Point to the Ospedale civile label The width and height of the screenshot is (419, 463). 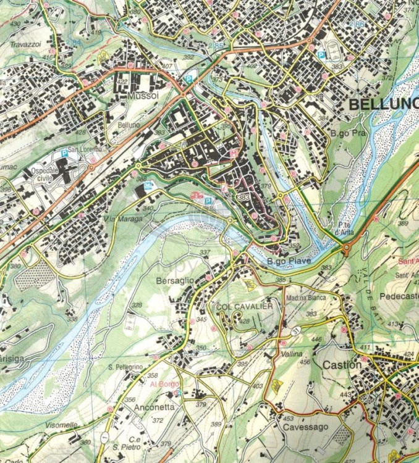(46, 175)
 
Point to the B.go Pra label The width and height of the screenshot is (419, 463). (345, 133)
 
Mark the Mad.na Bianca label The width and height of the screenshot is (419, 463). (306, 298)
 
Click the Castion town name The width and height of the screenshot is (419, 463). (342, 365)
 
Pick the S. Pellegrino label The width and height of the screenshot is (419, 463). (125, 367)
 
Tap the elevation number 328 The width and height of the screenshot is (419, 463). (137, 305)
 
